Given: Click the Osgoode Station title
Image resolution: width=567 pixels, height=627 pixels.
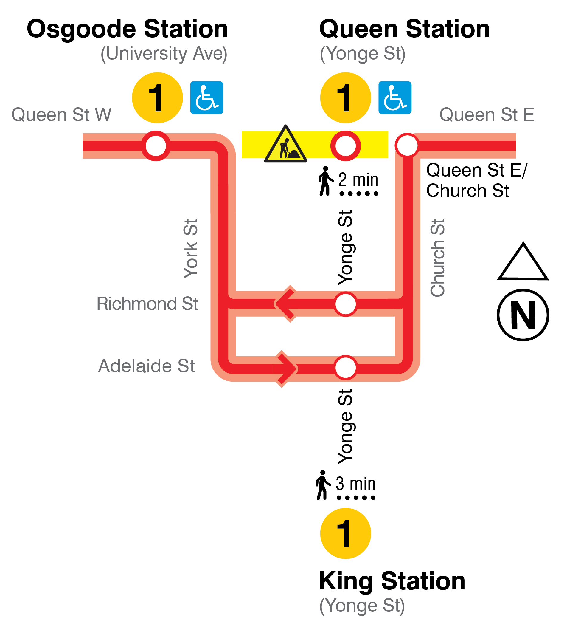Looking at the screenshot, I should pos(127,29).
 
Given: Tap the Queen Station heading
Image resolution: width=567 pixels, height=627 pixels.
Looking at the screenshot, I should pos(404,29).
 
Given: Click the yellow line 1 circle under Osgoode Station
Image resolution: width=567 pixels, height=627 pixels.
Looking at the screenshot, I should pos(157,98).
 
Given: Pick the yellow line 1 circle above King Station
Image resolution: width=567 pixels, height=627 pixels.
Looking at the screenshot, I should pos(345,533).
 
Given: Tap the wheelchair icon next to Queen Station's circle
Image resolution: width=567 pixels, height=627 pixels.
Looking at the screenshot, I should pos(394,98).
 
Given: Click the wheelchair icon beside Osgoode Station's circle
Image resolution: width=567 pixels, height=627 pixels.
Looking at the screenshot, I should pos(206,98).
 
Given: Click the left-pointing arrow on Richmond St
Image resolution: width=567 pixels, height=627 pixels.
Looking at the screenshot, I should pos(285,304).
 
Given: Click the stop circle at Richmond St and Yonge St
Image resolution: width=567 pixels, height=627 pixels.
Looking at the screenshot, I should pos(345,304).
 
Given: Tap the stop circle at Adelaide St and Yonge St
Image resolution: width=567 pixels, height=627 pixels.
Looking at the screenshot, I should pos(345,367).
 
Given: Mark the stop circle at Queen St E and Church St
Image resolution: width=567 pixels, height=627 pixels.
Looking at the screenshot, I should pos(407,145).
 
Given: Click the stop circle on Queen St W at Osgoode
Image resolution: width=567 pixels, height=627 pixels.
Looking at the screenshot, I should pos(156,145).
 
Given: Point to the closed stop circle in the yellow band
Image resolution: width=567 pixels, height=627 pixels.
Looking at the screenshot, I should pos(345,145).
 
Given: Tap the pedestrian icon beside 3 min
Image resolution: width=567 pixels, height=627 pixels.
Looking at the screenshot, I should pos(322,485).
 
